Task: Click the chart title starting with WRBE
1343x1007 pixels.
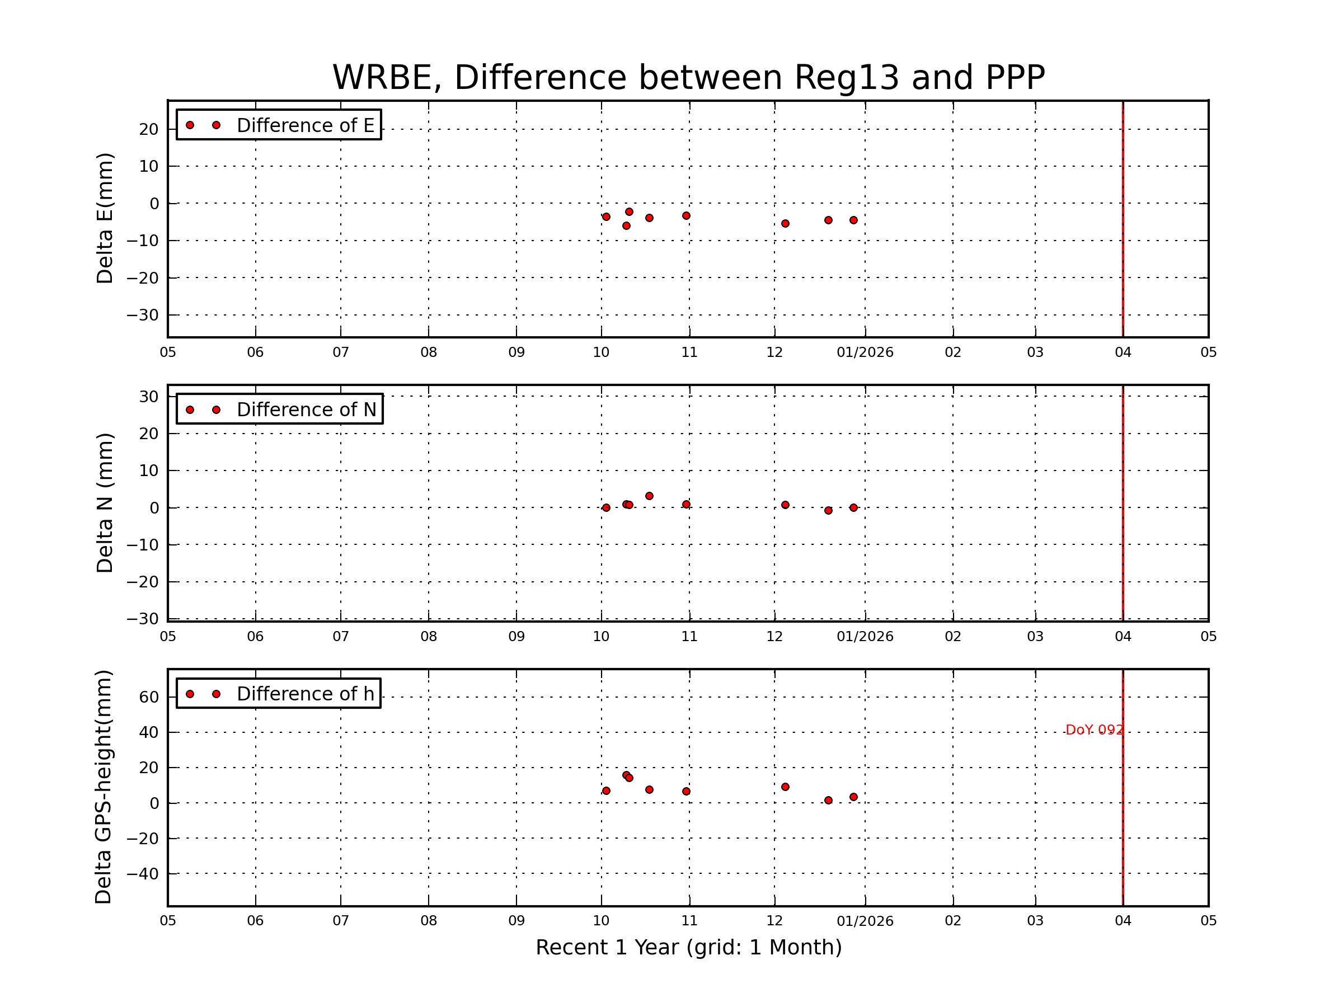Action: tap(688, 78)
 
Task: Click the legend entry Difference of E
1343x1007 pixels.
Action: tap(305, 126)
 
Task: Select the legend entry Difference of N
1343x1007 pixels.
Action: tap(306, 410)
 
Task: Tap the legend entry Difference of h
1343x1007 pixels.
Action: tap(305, 694)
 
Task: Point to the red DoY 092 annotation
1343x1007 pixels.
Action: tap(1094, 730)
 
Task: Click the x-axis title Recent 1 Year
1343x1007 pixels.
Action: tap(688, 948)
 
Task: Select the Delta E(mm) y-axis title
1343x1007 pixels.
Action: tap(105, 219)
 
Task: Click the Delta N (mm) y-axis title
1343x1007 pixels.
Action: tap(105, 502)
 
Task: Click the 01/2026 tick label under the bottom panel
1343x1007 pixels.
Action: tap(865, 921)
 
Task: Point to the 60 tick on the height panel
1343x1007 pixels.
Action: tap(149, 698)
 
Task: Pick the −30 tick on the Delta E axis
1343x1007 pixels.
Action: tap(143, 316)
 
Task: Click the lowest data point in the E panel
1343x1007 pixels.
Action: tap(626, 226)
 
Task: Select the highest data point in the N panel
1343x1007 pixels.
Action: tap(649, 496)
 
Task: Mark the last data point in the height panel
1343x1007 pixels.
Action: tap(853, 797)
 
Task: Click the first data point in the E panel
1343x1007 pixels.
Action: tap(606, 217)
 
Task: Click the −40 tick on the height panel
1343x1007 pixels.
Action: tap(143, 874)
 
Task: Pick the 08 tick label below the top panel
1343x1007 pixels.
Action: tap(429, 352)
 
